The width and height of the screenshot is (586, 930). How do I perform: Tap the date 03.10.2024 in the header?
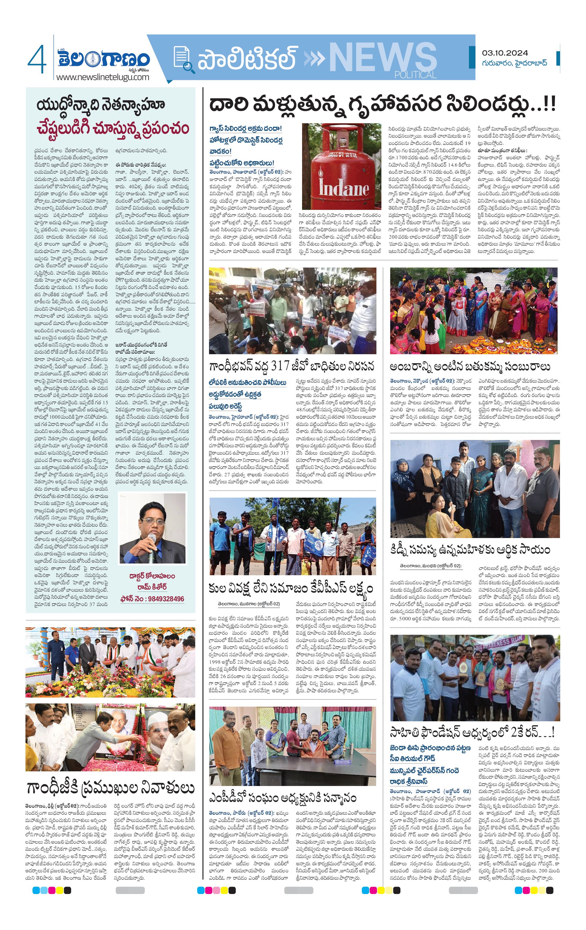coord(505,53)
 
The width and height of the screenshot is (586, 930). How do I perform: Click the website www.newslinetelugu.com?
coord(102,77)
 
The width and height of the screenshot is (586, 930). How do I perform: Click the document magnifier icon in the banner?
coord(183,59)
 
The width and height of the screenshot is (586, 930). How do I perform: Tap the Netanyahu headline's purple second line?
coord(113,129)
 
